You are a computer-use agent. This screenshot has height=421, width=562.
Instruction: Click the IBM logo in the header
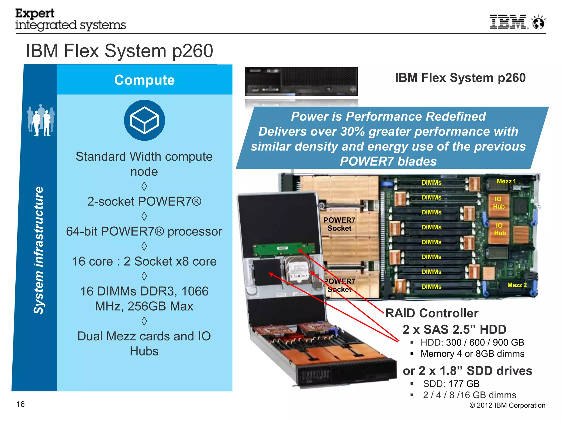coord(508,22)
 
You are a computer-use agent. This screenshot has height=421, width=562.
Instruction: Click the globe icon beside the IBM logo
coord(538,22)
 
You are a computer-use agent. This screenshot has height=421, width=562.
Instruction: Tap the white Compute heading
coord(144,80)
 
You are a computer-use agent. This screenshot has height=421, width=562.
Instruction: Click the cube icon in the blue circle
coord(144,120)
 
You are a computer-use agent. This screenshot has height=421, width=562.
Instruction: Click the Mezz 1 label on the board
coord(506,181)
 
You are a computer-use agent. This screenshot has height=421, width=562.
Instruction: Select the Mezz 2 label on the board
coord(517,285)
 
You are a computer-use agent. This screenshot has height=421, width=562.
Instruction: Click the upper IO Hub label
coord(498,203)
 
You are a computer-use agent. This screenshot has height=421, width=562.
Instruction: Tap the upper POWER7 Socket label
coord(339,224)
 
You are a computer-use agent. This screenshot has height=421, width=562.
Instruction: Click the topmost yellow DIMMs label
coord(431,183)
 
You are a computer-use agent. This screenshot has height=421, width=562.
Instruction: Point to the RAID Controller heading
coord(432,313)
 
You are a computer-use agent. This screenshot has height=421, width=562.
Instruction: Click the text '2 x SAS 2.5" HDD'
coord(454,329)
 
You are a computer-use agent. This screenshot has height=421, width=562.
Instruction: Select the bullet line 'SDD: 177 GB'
coord(451,384)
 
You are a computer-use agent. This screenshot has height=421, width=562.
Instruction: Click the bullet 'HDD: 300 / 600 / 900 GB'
coord(472,342)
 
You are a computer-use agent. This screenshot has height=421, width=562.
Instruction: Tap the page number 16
coord(21,404)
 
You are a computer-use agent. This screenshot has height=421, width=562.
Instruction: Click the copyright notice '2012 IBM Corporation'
coord(507,405)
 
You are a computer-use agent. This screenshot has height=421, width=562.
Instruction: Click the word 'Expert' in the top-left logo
coord(35,13)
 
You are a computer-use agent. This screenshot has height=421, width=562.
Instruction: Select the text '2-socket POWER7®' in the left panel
coord(144,201)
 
